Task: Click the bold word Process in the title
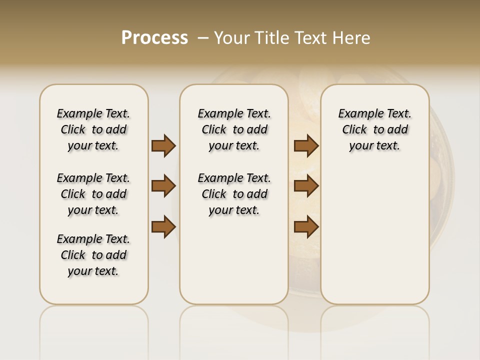click(154, 38)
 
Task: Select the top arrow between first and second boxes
click(163, 146)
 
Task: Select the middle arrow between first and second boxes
click(163, 186)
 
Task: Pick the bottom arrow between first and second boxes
click(163, 227)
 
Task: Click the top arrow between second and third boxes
click(306, 146)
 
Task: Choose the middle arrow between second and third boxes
click(306, 186)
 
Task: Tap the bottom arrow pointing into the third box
click(306, 227)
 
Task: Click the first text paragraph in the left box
click(93, 129)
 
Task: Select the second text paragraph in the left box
click(93, 194)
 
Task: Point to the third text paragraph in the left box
click(93, 255)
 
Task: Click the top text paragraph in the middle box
click(234, 129)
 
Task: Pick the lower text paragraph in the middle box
click(234, 194)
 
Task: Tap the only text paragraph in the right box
click(374, 129)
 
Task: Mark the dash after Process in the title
click(203, 38)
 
